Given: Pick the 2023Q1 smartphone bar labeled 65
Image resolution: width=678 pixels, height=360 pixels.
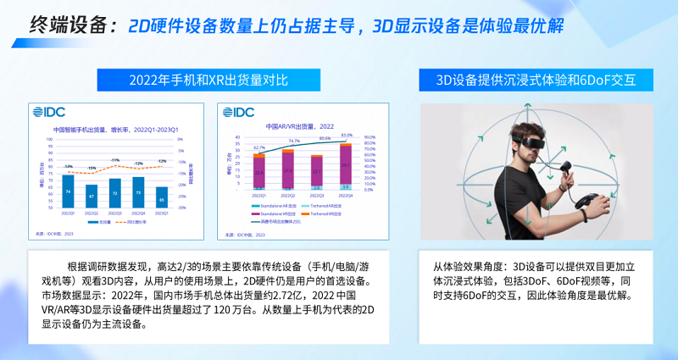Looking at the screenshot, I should [162, 198].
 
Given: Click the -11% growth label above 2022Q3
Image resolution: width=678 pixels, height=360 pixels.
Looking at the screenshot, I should [114, 160].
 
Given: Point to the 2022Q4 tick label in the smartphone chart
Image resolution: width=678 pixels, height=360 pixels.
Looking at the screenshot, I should [138, 214].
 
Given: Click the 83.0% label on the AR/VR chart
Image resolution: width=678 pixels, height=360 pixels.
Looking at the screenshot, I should [347, 135].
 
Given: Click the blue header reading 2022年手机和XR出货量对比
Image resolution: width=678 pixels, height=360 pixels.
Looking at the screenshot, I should [208, 80].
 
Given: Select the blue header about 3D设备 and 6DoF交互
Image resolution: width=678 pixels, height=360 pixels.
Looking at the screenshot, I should [536, 80].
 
